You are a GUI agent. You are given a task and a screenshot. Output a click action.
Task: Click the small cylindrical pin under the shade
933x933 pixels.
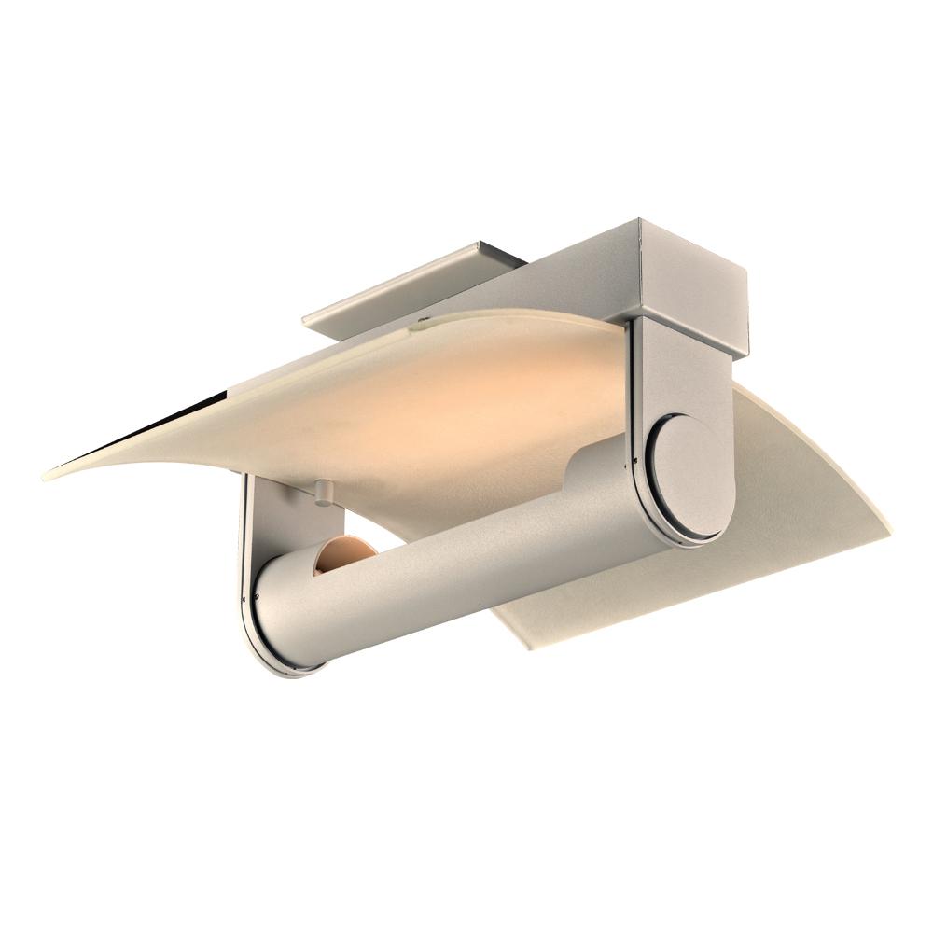[323, 492]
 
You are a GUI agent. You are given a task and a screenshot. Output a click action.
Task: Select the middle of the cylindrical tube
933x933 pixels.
[466, 560]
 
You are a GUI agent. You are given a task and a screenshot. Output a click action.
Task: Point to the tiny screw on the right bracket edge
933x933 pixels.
[635, 460]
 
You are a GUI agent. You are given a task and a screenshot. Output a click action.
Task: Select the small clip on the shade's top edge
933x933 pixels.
[417, 327]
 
